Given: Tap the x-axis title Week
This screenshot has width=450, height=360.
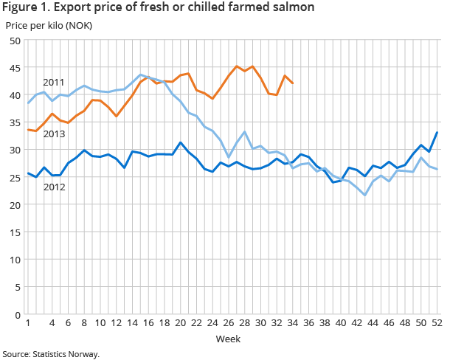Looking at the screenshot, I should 227,339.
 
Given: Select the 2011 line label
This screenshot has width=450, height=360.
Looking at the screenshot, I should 54,82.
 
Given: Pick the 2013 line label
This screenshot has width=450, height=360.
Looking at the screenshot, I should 54,134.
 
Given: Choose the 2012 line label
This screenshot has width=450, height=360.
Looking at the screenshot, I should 54,187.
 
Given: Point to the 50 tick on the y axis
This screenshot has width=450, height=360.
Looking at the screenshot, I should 14,41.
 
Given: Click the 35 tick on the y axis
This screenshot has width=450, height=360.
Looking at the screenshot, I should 14,122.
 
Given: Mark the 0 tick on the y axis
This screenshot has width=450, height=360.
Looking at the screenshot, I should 16,315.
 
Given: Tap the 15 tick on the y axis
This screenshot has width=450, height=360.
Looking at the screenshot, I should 14,232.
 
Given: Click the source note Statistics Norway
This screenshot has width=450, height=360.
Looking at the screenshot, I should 50,354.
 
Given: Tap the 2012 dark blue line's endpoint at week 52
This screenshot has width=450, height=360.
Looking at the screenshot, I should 437,133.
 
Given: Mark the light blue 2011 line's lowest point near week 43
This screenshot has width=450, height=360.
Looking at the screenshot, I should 364,195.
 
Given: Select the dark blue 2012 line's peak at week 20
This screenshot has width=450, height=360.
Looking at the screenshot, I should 180,142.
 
